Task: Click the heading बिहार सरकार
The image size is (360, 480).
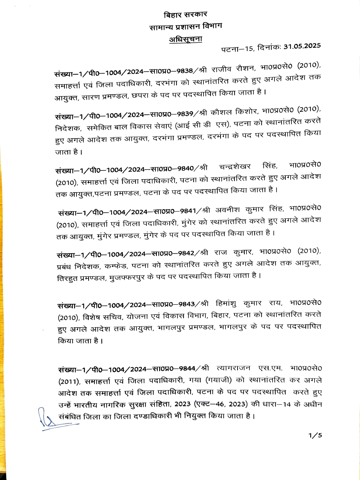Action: tap(185, 15)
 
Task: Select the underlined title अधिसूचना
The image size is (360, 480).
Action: tap(186, 39)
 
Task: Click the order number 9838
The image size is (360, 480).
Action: tap(185, 71)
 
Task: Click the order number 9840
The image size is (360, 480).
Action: tap(185, 169)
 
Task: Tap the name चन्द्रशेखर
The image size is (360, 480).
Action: tap(235, 167)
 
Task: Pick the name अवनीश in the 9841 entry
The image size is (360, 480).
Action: tap(228, 210)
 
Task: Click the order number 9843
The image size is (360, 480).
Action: tap(187, 304)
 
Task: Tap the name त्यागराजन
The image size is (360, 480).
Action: tap(234, 368)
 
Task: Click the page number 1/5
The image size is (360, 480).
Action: tap(315, 435)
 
